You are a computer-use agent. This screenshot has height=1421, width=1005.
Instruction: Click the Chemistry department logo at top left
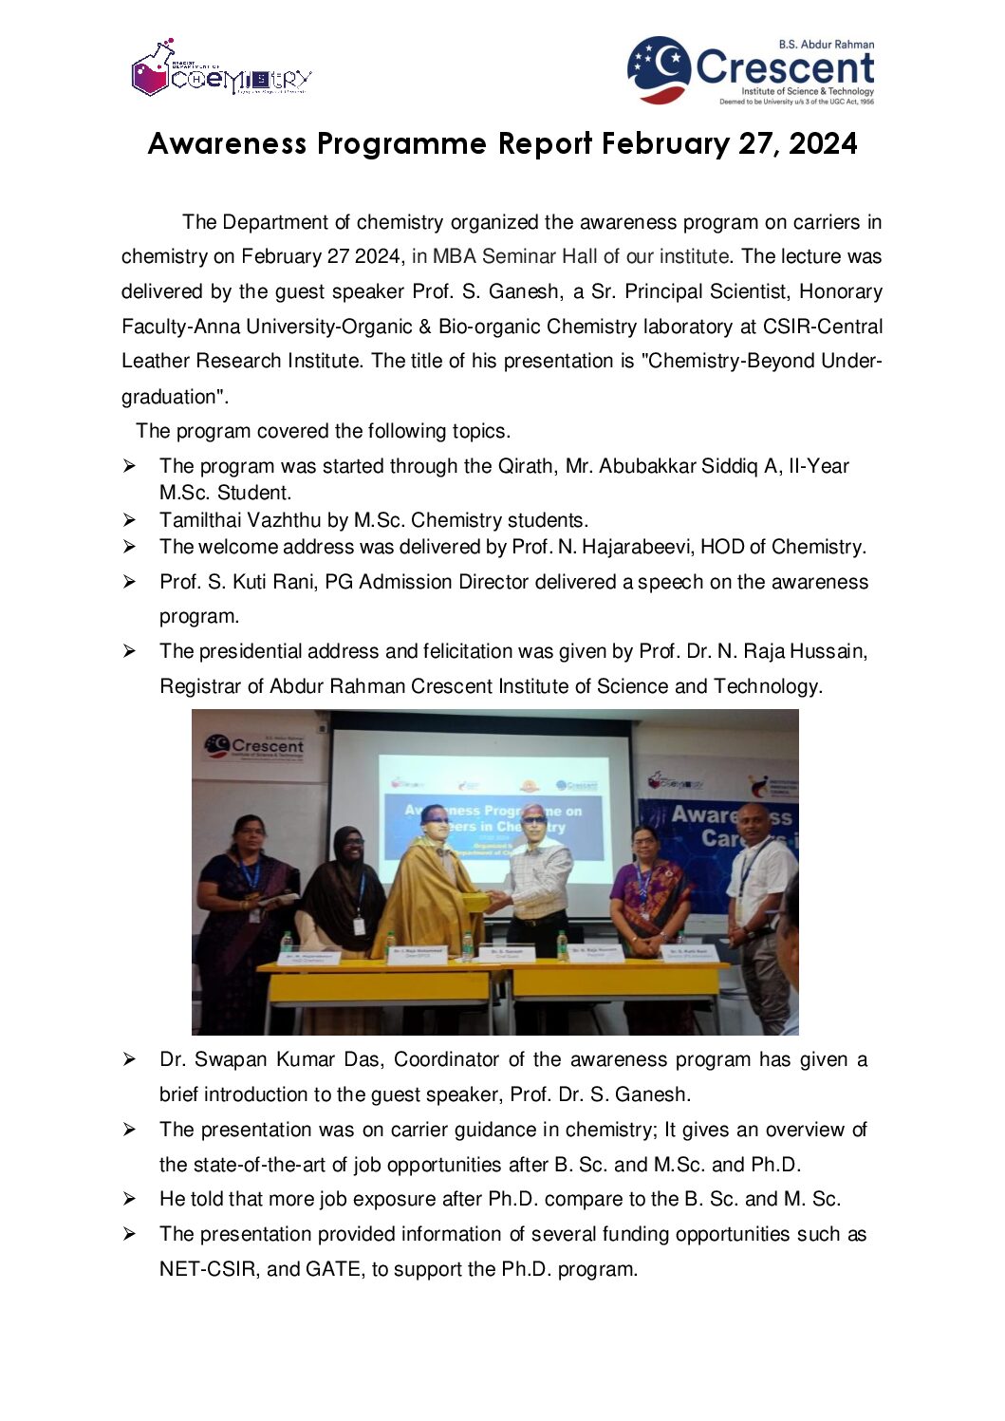(x=220, y=69)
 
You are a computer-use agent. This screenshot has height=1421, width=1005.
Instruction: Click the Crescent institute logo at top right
(x=751, y=70)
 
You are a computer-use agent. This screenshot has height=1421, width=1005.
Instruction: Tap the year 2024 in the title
(x=823, y=143)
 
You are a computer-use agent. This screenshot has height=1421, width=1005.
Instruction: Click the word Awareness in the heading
(x=227, y=143)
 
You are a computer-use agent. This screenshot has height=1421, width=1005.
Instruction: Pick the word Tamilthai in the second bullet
(x=199, y=520)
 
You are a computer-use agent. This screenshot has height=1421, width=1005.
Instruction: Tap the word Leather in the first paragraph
(x=156, y=361)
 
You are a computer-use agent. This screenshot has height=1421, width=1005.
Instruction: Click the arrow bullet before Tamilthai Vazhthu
(x=129, y=520)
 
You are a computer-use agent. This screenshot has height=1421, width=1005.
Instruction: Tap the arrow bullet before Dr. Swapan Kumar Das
(x=129, y=1059)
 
